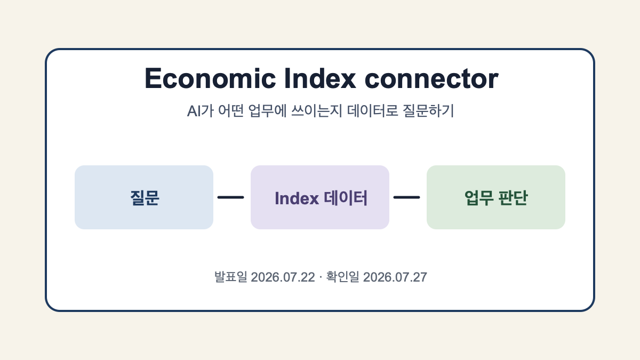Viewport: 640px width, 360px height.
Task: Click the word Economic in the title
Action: pyautogui.click(x=210, y=78)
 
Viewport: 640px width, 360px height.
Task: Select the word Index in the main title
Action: pyautogui.click(x=320, y=78)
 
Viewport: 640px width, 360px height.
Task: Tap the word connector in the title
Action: pyautogui.click(x=431, y=79)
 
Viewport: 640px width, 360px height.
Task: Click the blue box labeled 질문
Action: pyautogui.click(x=144, y=197)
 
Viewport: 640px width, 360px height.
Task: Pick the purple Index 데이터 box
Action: pyautogui.click(x=320, y=197)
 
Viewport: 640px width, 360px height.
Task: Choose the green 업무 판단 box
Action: pyautogui.click(x=496, y=197)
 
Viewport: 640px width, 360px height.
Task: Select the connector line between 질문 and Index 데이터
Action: pyautogui.click(x=230, y=197)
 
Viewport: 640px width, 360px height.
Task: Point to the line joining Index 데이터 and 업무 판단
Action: pyautogui.click(x=406, y=197)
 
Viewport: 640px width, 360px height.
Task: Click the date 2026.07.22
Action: pyautogui.click(x=283, y=277)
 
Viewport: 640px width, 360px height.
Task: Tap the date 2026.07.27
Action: pyautogui.click(x=395, y=277)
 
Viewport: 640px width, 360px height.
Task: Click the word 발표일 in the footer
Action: pyautogui.click(x=231, y=277)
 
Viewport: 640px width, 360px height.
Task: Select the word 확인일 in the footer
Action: pyautogui.click(x=342, y=277)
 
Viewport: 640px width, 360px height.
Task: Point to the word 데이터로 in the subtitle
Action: pyautogui.click(x=373, y=111)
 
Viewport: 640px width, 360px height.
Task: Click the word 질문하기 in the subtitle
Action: pyautogui.click(x=428, y=111)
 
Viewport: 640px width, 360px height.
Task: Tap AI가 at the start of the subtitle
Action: pyautogui.click(x=201, y=111)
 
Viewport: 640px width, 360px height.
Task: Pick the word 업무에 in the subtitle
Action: pyautogui.click(x=267, y=111)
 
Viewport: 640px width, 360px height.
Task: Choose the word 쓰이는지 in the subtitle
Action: pyautogui.click(x=317, y=111)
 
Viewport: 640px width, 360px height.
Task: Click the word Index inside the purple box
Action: pyautogui.click(x=297, y=198)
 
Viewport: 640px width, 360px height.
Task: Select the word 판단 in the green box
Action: pyautogui.click(x=513, y=198)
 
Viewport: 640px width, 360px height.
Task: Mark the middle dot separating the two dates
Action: pyautogui.click(x=321, y=277)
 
